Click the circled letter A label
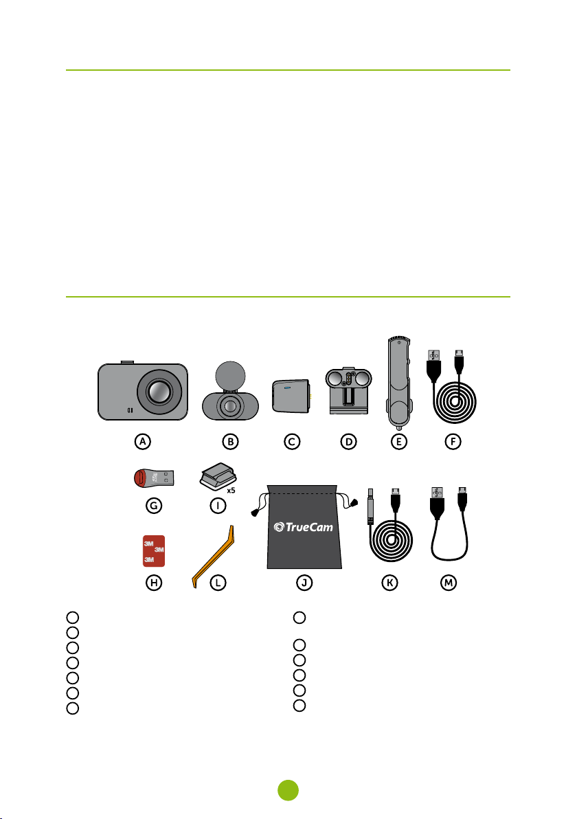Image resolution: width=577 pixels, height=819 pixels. [x=143, y=441]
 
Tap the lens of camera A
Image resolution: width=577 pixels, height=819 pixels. [x=159, y=392]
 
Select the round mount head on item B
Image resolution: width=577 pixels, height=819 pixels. [x=230, y=376]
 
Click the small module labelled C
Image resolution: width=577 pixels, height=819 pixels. [x=291, y=396]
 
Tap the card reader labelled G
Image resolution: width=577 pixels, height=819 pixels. [x=153, y=478]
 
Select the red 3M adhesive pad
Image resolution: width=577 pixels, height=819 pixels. [x=153, y=551]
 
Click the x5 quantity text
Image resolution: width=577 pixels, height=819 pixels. [x=231, y=491]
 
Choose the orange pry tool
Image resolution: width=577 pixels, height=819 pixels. [x=214, y=556]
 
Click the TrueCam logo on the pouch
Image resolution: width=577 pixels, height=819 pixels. [x=304, y=527]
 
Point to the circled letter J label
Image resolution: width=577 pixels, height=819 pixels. [x=304, y=583]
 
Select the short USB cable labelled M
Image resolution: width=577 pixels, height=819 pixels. [x=449, y=524]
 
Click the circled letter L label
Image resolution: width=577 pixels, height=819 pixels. [x=218, y=583]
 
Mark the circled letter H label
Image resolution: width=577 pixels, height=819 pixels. [x=153, y=583]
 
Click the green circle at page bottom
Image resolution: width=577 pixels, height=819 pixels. [x=288, y=790]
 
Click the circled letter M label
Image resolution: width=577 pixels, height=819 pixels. [x=449, y=583]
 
